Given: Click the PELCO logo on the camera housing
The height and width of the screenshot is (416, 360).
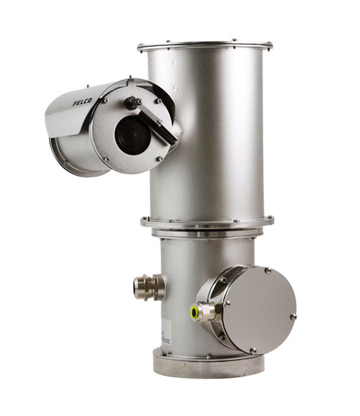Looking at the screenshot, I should (84, 103).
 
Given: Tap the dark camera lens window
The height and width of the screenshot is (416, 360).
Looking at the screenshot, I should (132, 135).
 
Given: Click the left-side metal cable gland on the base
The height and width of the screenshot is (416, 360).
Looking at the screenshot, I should (148, 287).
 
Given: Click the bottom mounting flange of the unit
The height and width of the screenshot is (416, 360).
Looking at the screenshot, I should (209, 364).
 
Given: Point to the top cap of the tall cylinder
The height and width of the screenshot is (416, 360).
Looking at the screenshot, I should (205, 45).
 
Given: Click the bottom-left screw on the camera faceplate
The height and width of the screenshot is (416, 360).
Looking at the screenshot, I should (107, 158).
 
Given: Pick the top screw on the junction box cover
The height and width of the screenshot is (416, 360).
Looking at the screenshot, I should (267, 271).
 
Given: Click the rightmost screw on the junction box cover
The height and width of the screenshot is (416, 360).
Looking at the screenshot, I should (293, 316).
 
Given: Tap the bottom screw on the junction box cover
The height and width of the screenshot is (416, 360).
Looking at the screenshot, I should (252, 350).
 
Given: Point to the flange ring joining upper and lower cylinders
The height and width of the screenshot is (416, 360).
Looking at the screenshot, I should (207, 223).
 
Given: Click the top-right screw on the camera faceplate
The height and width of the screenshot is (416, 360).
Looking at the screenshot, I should (158, 101).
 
